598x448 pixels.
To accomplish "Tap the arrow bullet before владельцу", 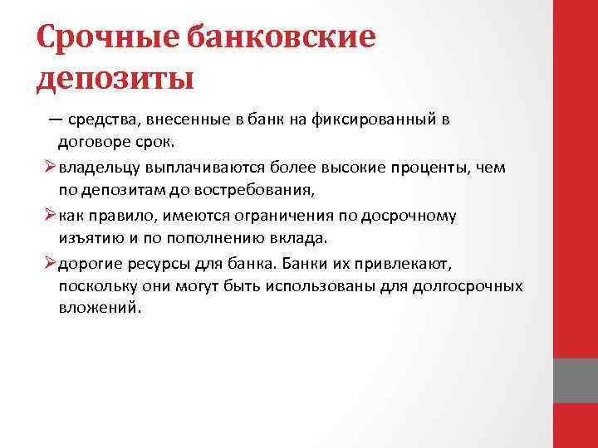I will (x=51, y=167).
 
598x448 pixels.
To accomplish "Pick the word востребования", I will (x=251, y=189).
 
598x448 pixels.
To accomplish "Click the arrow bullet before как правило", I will (x=51, y=215).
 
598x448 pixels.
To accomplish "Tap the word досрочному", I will (x=413, y=215).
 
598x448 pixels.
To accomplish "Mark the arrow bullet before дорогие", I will (x=51, y=263).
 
